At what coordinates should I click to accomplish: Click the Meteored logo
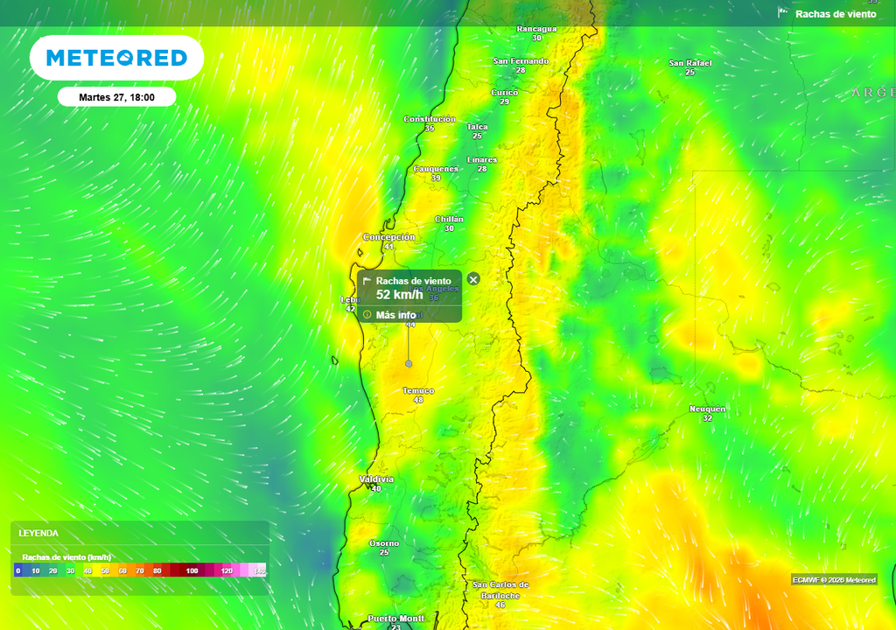[116, 58]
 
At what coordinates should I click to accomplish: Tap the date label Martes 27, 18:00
[116, 97]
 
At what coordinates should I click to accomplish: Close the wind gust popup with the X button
[473, 279]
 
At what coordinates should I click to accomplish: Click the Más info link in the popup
[395, 315]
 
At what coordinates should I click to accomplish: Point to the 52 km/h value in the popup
[399, 295]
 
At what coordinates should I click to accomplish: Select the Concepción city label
[389, 237]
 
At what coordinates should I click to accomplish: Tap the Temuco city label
[418, 390]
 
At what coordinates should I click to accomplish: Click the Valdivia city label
[376, 479]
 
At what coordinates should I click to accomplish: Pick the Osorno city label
[384, 543]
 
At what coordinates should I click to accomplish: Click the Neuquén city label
[707, 409]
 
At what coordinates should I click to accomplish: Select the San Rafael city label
[689, 63]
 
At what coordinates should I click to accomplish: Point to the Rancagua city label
[536, 29]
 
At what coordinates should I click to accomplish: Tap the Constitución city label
[430, 119]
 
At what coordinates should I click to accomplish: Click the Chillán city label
[449, 219]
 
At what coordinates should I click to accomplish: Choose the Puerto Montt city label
[395, 619]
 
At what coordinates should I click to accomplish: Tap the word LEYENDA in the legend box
[38, 533]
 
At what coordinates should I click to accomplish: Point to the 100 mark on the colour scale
[192, 570]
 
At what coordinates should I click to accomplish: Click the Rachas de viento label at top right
[835, 14]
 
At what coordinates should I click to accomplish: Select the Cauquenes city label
[436, 169]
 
